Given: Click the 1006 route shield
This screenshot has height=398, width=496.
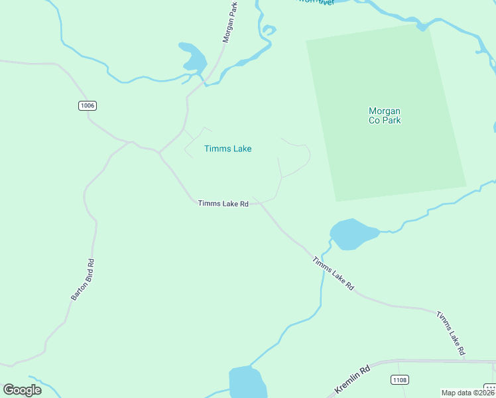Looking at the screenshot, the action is click(x=88, y=105).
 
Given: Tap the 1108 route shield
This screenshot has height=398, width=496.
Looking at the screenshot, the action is click(x=400, y=380).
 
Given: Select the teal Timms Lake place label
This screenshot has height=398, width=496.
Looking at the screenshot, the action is click(x=227, y=149).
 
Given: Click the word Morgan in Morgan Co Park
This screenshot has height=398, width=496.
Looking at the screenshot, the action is click(x=385, y=111).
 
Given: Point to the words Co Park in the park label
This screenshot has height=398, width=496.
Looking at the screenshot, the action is click(x=385, y=121).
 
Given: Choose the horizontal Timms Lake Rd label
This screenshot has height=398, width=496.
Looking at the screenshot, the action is click(x=223, y=204).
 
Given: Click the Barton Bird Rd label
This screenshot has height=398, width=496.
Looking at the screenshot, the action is click(x=83, y=280).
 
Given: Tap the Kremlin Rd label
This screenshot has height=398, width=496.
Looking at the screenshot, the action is click(x=351, y=379).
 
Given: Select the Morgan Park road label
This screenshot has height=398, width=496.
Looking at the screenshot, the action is click(x=229, y=22).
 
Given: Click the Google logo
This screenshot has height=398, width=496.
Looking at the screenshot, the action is click(x=22, y=390).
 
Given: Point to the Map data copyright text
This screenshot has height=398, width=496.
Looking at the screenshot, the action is click(x=468, y=393).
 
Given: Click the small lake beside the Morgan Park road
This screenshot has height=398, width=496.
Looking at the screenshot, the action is click(x=194, y=58).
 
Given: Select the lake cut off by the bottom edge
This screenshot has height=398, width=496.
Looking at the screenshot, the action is click(x=247, y=383).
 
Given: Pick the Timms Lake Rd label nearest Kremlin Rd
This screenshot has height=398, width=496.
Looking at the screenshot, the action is click(x=451, y=332).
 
